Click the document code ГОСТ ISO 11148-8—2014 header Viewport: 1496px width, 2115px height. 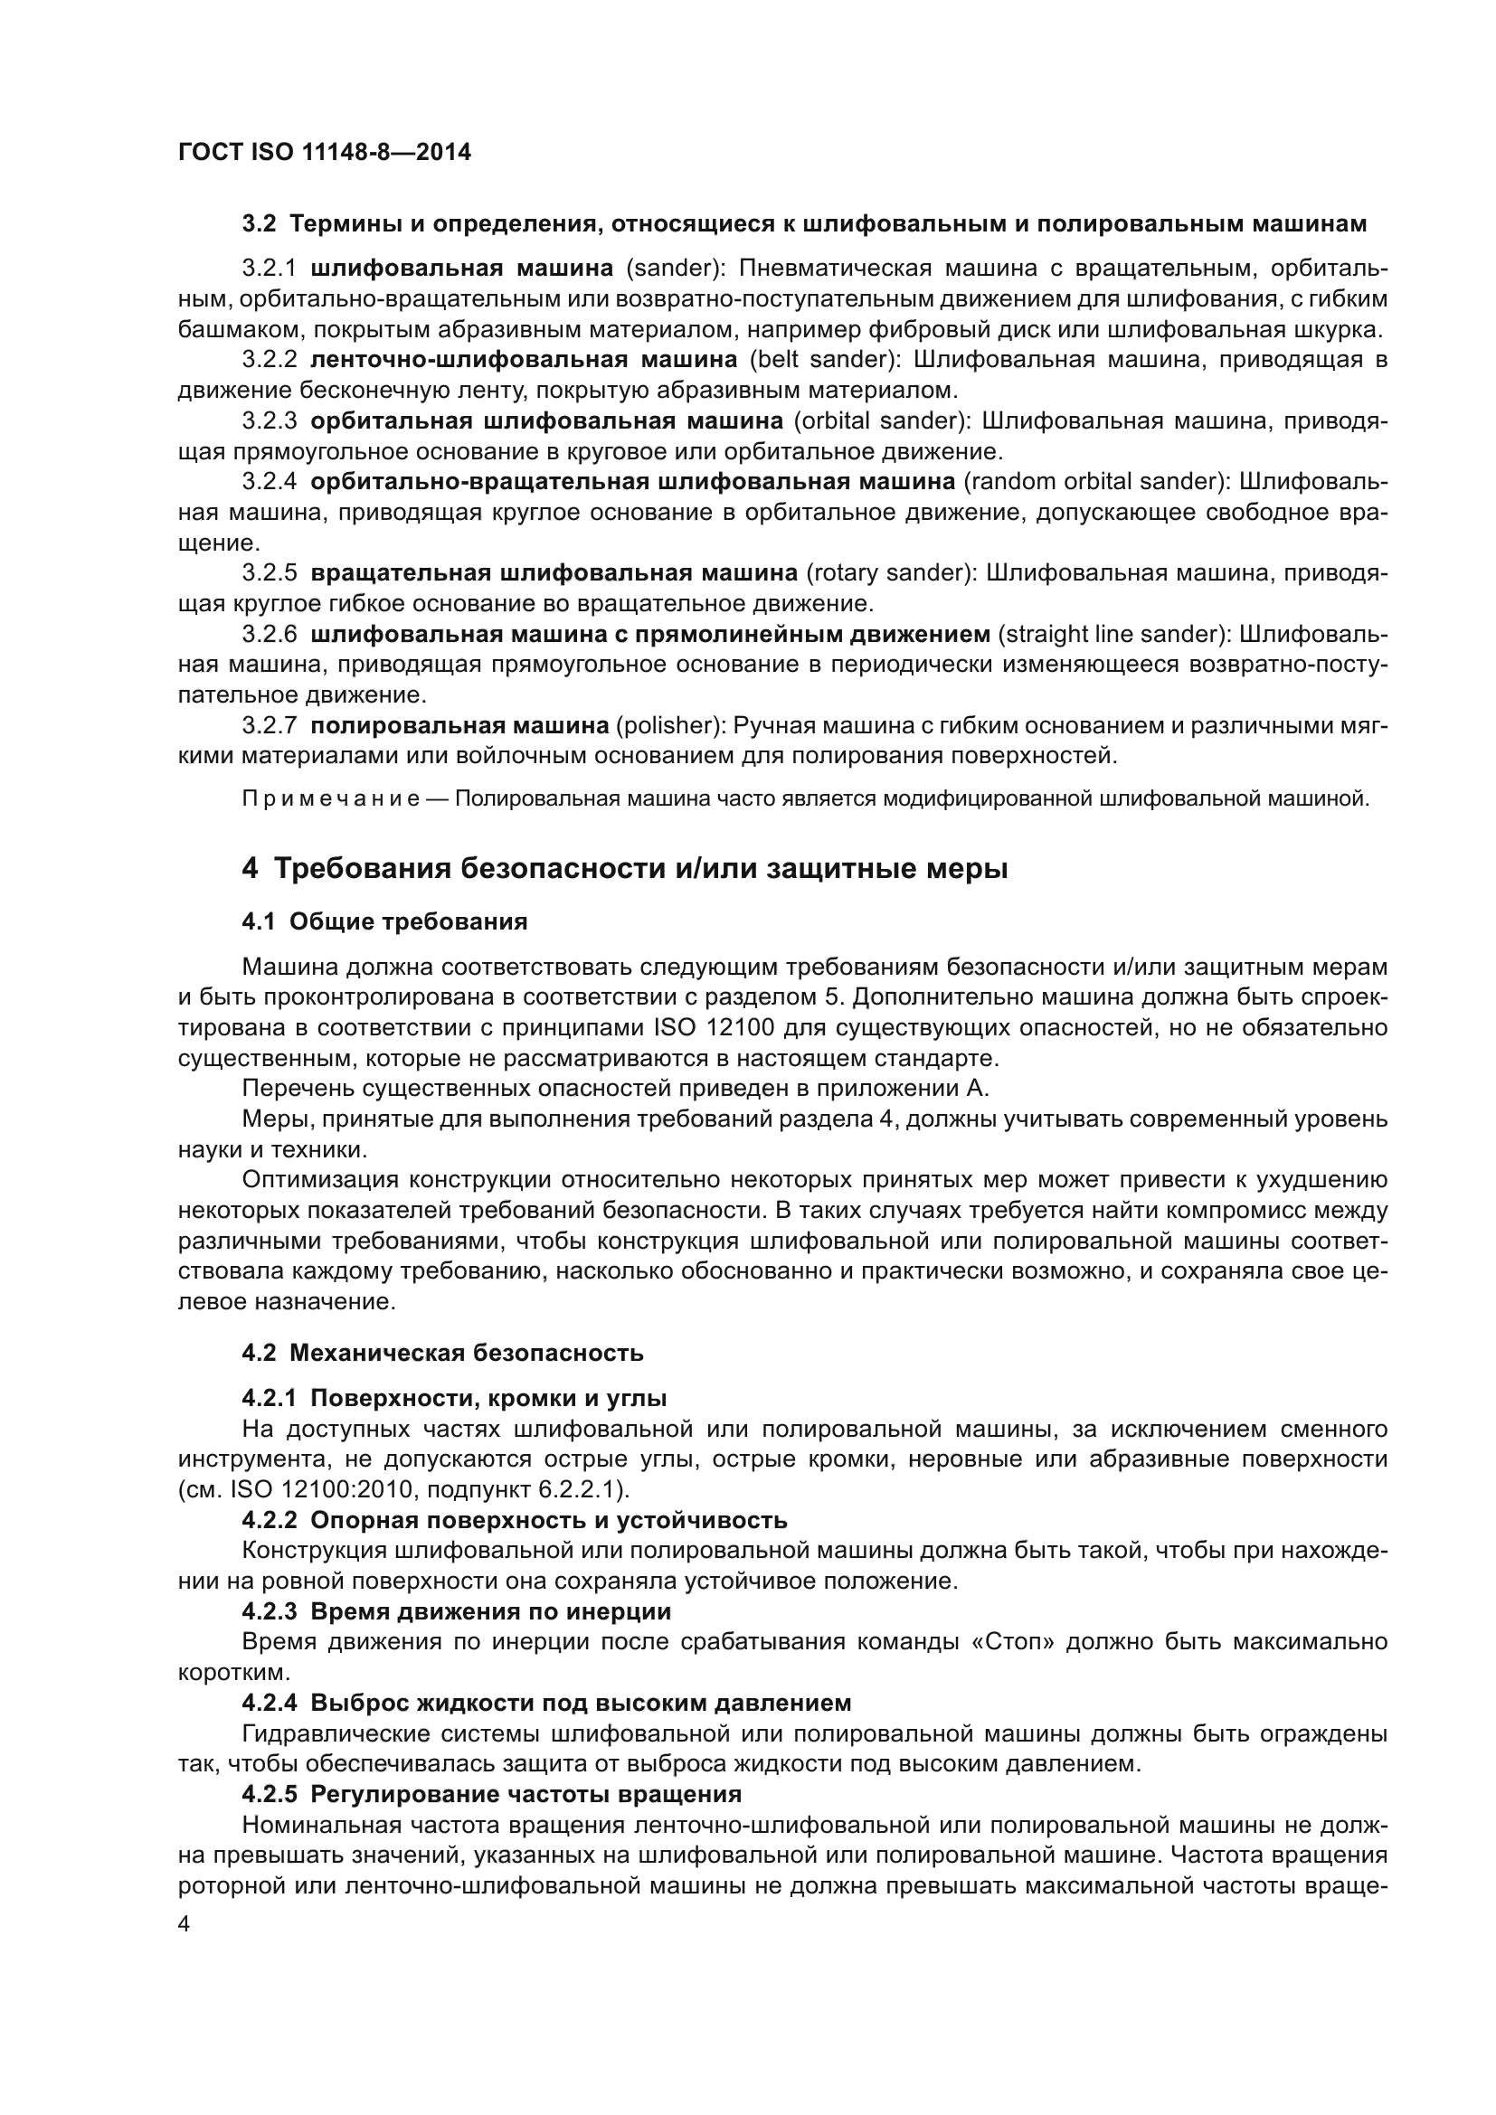point(325,153)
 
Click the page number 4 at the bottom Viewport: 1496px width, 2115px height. point(185,1924)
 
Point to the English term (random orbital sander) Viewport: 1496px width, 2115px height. point(1096,482)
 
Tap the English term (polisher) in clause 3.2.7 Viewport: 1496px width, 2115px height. point(670,726)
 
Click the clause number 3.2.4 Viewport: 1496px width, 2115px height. point(269,482)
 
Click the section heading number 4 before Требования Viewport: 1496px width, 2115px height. point(250,869)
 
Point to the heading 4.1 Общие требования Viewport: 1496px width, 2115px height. point(384,922)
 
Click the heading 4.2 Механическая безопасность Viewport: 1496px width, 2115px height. point(442,1354)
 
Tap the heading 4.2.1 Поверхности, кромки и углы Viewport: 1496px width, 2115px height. point(454,1398)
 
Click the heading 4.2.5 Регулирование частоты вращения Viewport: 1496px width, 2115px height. point(492,1793)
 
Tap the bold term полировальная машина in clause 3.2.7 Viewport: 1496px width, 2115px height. point(459,726)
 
